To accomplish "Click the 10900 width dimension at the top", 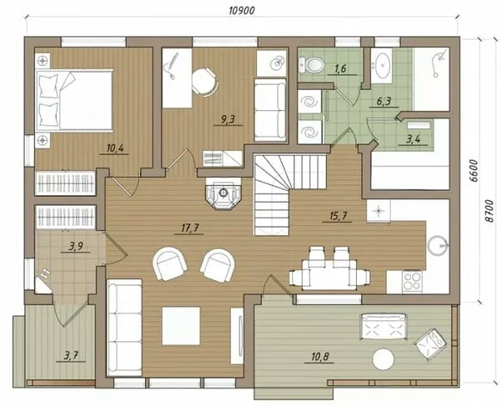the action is pyautogui.click(x=242, y=10).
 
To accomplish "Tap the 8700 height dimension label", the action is pyautogui.click(x=489, y=211).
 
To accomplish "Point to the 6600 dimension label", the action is pyautogui.click(x=474, y=171).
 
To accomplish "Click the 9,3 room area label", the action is pyautogui.click(x=228, y=119).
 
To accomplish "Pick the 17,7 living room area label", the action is pyautogui.click(x=190, y=228).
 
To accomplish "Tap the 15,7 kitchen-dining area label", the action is pyautogui.click(x=338, y=216).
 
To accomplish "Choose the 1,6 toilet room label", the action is pyautogui.click(x=340, y=68).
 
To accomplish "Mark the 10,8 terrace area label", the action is pyautogui.click(x=320, y=356).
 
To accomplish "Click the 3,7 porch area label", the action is pyautogui.click(x=71, y=355).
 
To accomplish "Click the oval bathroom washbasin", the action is pyautogui.click(x=382, y=65).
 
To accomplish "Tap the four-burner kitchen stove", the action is pyautogui.click(x=412, y=282).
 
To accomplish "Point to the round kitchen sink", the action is pyautogui.click(x=438, y=246).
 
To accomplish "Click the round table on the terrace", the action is pyautogui.click(x=384, y=359).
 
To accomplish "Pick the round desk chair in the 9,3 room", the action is pyautogui.click(x=205, y=82).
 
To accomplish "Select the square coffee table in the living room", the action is pyautogui.click(x=181, y=326).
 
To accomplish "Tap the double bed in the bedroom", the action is pyautogui.click(x=74, y=100).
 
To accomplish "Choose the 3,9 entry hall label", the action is pyautogui.click(x=76, y=246).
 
